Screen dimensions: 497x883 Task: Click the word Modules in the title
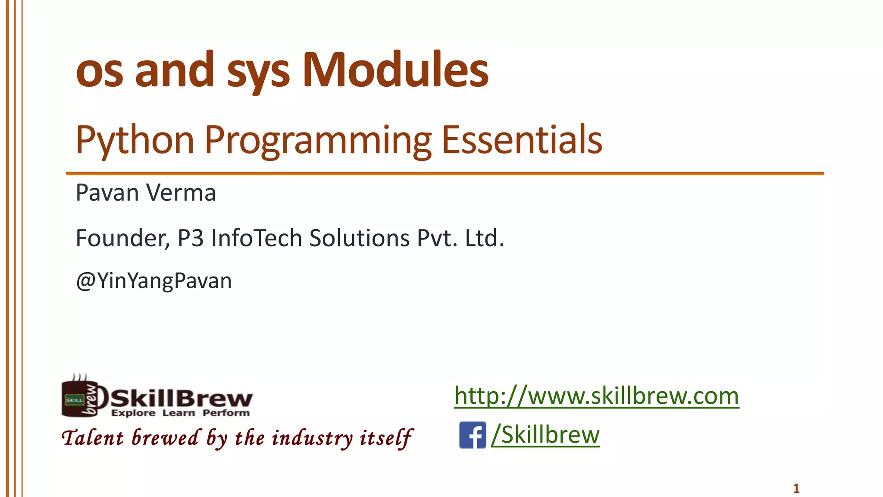[395, 70]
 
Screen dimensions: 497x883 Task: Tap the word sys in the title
[258, 71]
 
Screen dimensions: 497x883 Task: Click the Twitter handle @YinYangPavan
[154, 281]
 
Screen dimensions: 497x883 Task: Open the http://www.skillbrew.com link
[597, 396]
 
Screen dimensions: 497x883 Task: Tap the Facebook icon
[473, 435]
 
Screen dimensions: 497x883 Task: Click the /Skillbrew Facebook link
[545, 434]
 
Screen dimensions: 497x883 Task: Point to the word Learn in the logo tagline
[178, 413]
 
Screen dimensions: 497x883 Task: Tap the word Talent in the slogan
[93, 438]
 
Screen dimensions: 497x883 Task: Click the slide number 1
[796, 488]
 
